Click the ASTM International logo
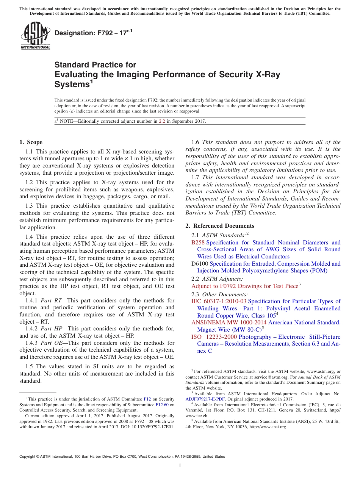click(35, 36)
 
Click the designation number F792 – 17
click(91, 33)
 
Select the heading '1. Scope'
click(31, 142)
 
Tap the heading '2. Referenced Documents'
click(220, 226)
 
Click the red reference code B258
click(198, 243)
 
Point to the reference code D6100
click(199, 264)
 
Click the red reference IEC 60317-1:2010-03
click(219, 301)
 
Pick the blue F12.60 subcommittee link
click(162, 404)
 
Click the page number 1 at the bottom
click(180, 466)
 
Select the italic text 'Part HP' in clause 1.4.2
click(51, 329)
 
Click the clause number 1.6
click(196, 142)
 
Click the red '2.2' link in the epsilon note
click(162, 122)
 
